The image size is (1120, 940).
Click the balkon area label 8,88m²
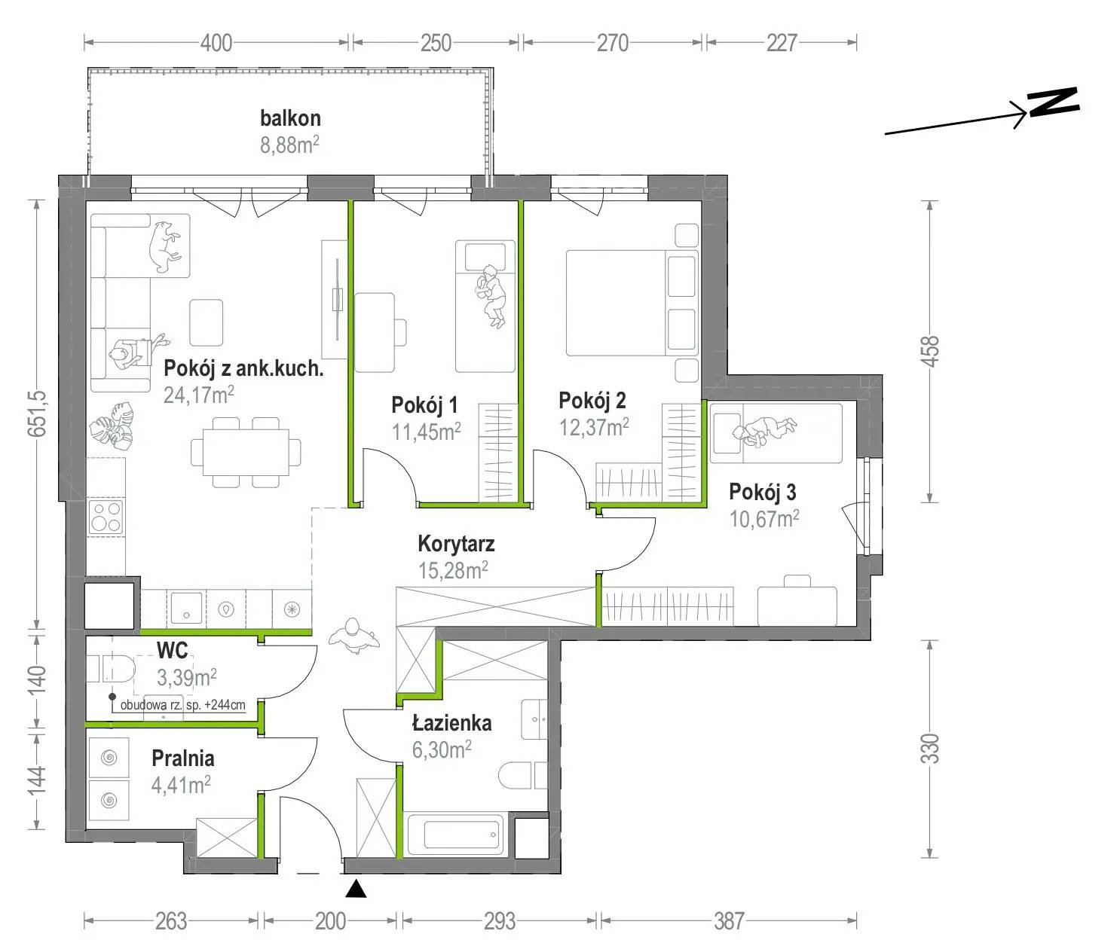(x=289, y=145)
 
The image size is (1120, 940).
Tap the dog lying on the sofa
(x=164, y=246)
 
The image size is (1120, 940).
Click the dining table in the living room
(x=246, y=452)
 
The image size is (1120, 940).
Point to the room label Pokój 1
(x=424, y=405)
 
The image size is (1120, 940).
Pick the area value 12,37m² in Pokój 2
(x=594, y=427)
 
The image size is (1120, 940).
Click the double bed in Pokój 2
(x=632, y=303)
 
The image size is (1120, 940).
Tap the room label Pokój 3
(x=762, y=492)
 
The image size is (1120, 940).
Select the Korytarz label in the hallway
(x=456, y=544)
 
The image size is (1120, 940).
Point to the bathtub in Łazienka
(x=456, y=835)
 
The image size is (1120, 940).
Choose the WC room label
(x=172, y=651)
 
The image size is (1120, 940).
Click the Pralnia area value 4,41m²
(x=181, y=785)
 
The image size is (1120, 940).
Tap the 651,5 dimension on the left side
(x=38, y=414)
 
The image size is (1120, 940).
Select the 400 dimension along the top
(x=216, y=43)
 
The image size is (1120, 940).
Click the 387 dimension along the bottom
(x=729, y=921)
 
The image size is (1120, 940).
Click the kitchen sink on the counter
(x=186, y=609)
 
